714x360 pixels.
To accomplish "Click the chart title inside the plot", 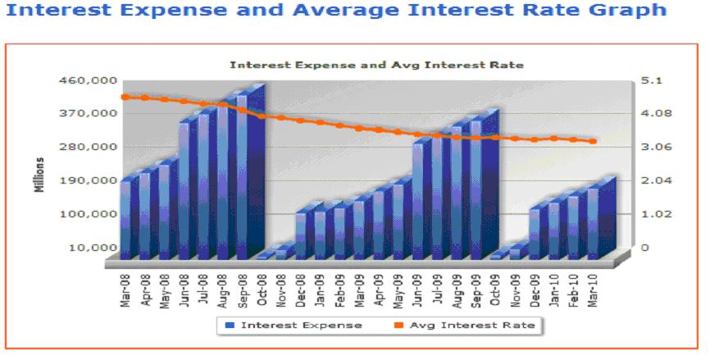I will (376, 64).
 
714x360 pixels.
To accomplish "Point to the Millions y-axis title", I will (39, 174).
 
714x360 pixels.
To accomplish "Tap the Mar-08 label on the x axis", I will (125, 286).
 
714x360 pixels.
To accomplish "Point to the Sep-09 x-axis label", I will (476, 286).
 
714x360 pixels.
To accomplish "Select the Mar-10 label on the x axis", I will (593, 286).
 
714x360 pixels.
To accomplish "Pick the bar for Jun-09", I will (418, 200).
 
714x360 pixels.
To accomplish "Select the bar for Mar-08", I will (125, 218).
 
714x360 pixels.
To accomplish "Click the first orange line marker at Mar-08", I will (125, 97).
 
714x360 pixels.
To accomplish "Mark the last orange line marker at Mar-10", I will (593, 142).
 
